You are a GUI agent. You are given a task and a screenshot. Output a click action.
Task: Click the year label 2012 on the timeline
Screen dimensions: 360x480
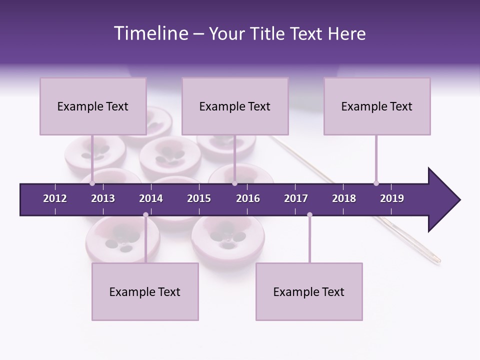55,198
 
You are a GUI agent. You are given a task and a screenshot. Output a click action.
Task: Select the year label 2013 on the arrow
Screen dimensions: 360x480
103,198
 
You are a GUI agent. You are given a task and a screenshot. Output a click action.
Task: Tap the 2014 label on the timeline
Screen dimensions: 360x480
151,198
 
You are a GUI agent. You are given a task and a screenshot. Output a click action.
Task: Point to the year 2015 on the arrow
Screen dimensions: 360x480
199,198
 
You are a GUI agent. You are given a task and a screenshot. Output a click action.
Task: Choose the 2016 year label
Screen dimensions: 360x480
248,198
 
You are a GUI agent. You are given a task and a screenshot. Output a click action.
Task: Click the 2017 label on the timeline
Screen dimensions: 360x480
296,198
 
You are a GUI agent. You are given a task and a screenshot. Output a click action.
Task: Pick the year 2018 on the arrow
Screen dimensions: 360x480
344,198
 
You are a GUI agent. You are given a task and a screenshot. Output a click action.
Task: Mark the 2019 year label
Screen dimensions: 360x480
392,198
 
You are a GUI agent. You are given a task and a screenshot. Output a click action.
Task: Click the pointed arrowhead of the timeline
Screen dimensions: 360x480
445,200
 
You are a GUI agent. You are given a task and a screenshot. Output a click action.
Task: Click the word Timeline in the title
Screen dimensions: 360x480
150,33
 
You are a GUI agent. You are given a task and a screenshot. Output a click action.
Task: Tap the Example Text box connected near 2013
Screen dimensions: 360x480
93,106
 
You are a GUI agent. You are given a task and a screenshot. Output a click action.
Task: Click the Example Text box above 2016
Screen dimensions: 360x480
235,106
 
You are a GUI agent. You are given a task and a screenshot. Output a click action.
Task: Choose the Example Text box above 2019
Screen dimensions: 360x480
377,106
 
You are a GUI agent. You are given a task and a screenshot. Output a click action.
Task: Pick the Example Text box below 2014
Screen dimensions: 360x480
145,291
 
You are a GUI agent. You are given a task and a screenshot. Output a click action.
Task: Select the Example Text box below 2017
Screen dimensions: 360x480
309,291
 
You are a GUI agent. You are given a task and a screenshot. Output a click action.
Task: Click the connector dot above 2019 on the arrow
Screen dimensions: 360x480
376,183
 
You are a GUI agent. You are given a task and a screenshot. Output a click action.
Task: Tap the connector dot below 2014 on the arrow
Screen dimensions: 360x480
145,215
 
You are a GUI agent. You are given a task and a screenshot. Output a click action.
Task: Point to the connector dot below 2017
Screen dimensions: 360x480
309,215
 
